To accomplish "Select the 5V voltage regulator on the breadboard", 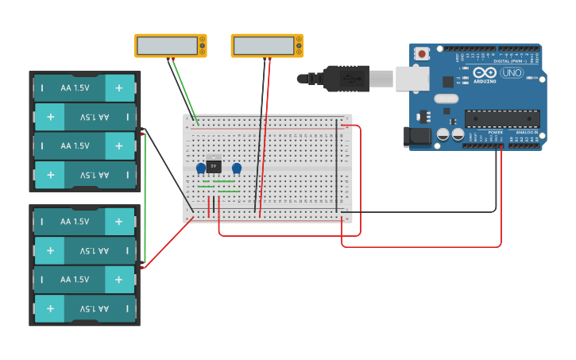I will click(213, 166).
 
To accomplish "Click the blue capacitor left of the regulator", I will click(201, 168).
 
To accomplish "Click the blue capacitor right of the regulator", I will click(237, 168).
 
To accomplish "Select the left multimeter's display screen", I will click(167, 46).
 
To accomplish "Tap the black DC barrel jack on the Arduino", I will click(416, 137).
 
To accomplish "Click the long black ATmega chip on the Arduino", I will click(502, 118).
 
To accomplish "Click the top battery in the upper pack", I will click(85, 88).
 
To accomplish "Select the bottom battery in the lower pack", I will click(85, 308).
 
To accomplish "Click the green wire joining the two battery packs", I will click(145, 199).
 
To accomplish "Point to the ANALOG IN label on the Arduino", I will click(526, 132).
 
